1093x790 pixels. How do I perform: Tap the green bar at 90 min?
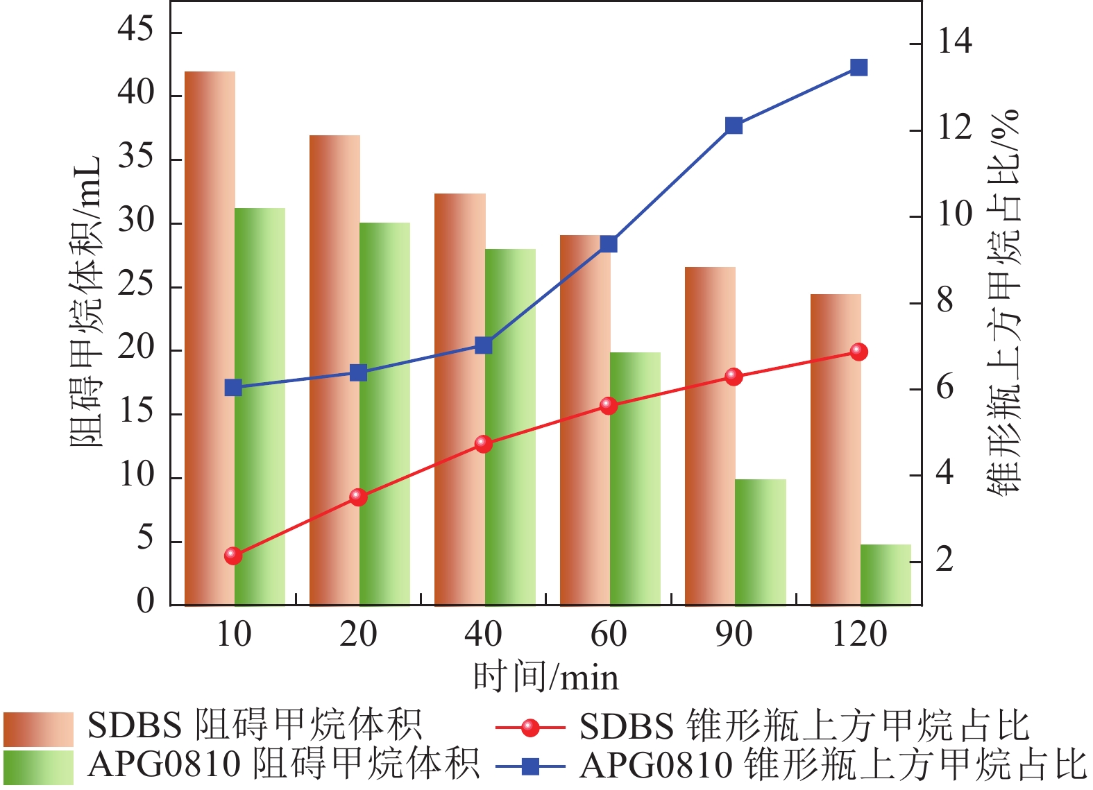(x=761, y=542)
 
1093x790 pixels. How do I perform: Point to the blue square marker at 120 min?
(x=858, y=67)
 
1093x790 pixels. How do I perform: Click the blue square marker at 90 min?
(x=734, y=126)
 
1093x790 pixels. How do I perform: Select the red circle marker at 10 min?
(x=233, y=556)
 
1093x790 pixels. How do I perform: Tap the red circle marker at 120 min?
(x=858, y=352)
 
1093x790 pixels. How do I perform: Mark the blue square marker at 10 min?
(x=233, y=388)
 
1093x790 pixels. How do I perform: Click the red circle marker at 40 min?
(x=484, y=444)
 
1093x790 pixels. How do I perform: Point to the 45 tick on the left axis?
(x=136, y=31)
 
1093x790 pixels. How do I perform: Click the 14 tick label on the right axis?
(x=955, y=42)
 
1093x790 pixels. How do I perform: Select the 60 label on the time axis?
(x=609, y=634)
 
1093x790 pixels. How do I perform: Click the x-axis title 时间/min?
(x=545, y=677)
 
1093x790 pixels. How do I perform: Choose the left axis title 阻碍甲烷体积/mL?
(x=86, y=302)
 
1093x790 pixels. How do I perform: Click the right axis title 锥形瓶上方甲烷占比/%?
(x=1004, y=302)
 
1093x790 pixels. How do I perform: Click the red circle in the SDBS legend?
(x=531, y=728)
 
